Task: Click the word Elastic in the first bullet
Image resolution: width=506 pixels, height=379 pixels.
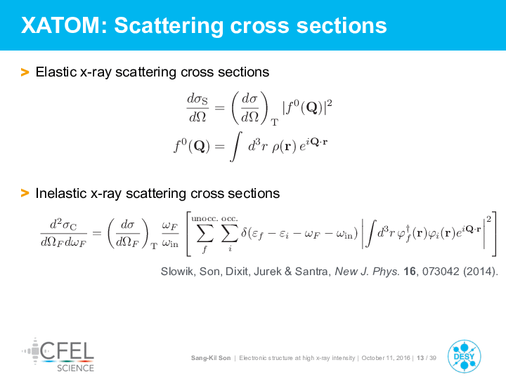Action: pos(56,72)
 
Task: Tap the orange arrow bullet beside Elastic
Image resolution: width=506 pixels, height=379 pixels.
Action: pos(25,72)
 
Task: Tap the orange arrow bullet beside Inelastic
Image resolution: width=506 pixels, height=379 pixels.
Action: pos(25,194)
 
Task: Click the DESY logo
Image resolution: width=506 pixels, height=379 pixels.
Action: pos(464,356)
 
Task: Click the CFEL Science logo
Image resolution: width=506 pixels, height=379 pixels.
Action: pos(58,355)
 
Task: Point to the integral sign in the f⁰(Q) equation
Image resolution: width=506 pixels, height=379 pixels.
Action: pos(236,146)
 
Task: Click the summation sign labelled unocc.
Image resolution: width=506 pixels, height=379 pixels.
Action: pos(205,233)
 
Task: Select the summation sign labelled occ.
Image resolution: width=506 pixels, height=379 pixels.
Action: pos(229,233)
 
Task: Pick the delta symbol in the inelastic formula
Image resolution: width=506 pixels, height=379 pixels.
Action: pos(245,232)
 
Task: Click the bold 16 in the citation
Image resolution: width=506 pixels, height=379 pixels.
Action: pos(410,272)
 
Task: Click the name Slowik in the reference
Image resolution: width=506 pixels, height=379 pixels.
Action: pos(178,272)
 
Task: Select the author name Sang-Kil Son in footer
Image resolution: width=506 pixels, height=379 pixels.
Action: pos(211,358)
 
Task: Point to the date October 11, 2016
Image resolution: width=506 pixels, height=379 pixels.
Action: pos(386,358)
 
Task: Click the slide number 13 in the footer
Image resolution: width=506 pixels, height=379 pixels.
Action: pos(420,358)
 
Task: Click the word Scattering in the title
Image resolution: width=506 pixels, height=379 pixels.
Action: pos(169,26)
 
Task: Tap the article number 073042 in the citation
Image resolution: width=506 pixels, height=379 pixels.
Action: pos(441,272)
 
